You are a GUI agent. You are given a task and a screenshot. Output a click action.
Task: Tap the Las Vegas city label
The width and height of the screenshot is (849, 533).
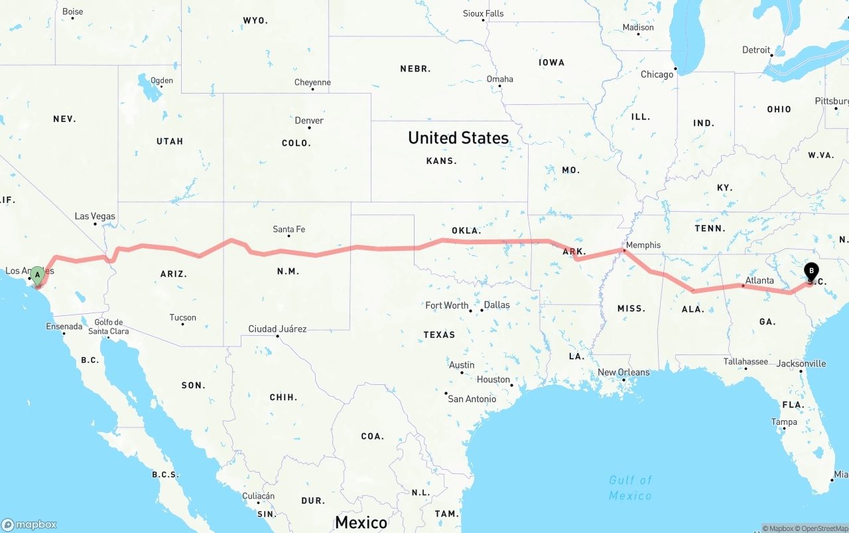click(x=95, y=216)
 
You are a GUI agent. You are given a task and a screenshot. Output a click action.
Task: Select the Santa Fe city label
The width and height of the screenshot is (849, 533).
click(x=289, y=230)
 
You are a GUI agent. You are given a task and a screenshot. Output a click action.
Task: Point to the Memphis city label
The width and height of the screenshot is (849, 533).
click(x=643, y=245)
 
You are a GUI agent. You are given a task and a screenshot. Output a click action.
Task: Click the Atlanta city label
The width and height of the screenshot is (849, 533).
click(x=759, y=281)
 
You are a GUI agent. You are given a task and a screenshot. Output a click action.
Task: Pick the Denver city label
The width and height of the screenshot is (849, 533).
click(x=309, y=121)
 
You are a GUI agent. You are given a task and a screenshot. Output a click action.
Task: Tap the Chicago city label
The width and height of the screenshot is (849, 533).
click(x=657, y=74)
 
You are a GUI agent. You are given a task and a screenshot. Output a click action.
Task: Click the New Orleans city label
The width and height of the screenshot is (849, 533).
click(x=623, y=372)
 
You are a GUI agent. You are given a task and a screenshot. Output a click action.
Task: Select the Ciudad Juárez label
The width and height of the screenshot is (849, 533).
click(x=277, y=329)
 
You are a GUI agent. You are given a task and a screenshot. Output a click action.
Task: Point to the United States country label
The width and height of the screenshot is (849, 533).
click(x=458, y=138)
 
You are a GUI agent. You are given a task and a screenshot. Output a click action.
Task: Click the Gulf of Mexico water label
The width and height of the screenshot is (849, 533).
click(x=630, y=488)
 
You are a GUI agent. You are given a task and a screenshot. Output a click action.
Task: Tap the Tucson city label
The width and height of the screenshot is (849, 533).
click(x=182, y=318)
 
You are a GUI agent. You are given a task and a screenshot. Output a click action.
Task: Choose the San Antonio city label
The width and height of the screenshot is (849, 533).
click(x=472, y=399)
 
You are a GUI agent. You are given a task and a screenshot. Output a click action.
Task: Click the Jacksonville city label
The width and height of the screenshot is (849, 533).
click(x=801, y=364)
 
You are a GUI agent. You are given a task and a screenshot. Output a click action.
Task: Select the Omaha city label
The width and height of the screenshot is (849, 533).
click(x=499, y=79)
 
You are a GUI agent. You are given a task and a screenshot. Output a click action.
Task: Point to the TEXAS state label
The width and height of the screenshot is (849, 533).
click(x=439, y=335)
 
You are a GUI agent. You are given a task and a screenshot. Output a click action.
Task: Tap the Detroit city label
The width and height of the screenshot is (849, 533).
click(x=756, y=50)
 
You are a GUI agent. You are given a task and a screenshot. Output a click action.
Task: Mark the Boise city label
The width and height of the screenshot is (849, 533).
click(x=72, y=11)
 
